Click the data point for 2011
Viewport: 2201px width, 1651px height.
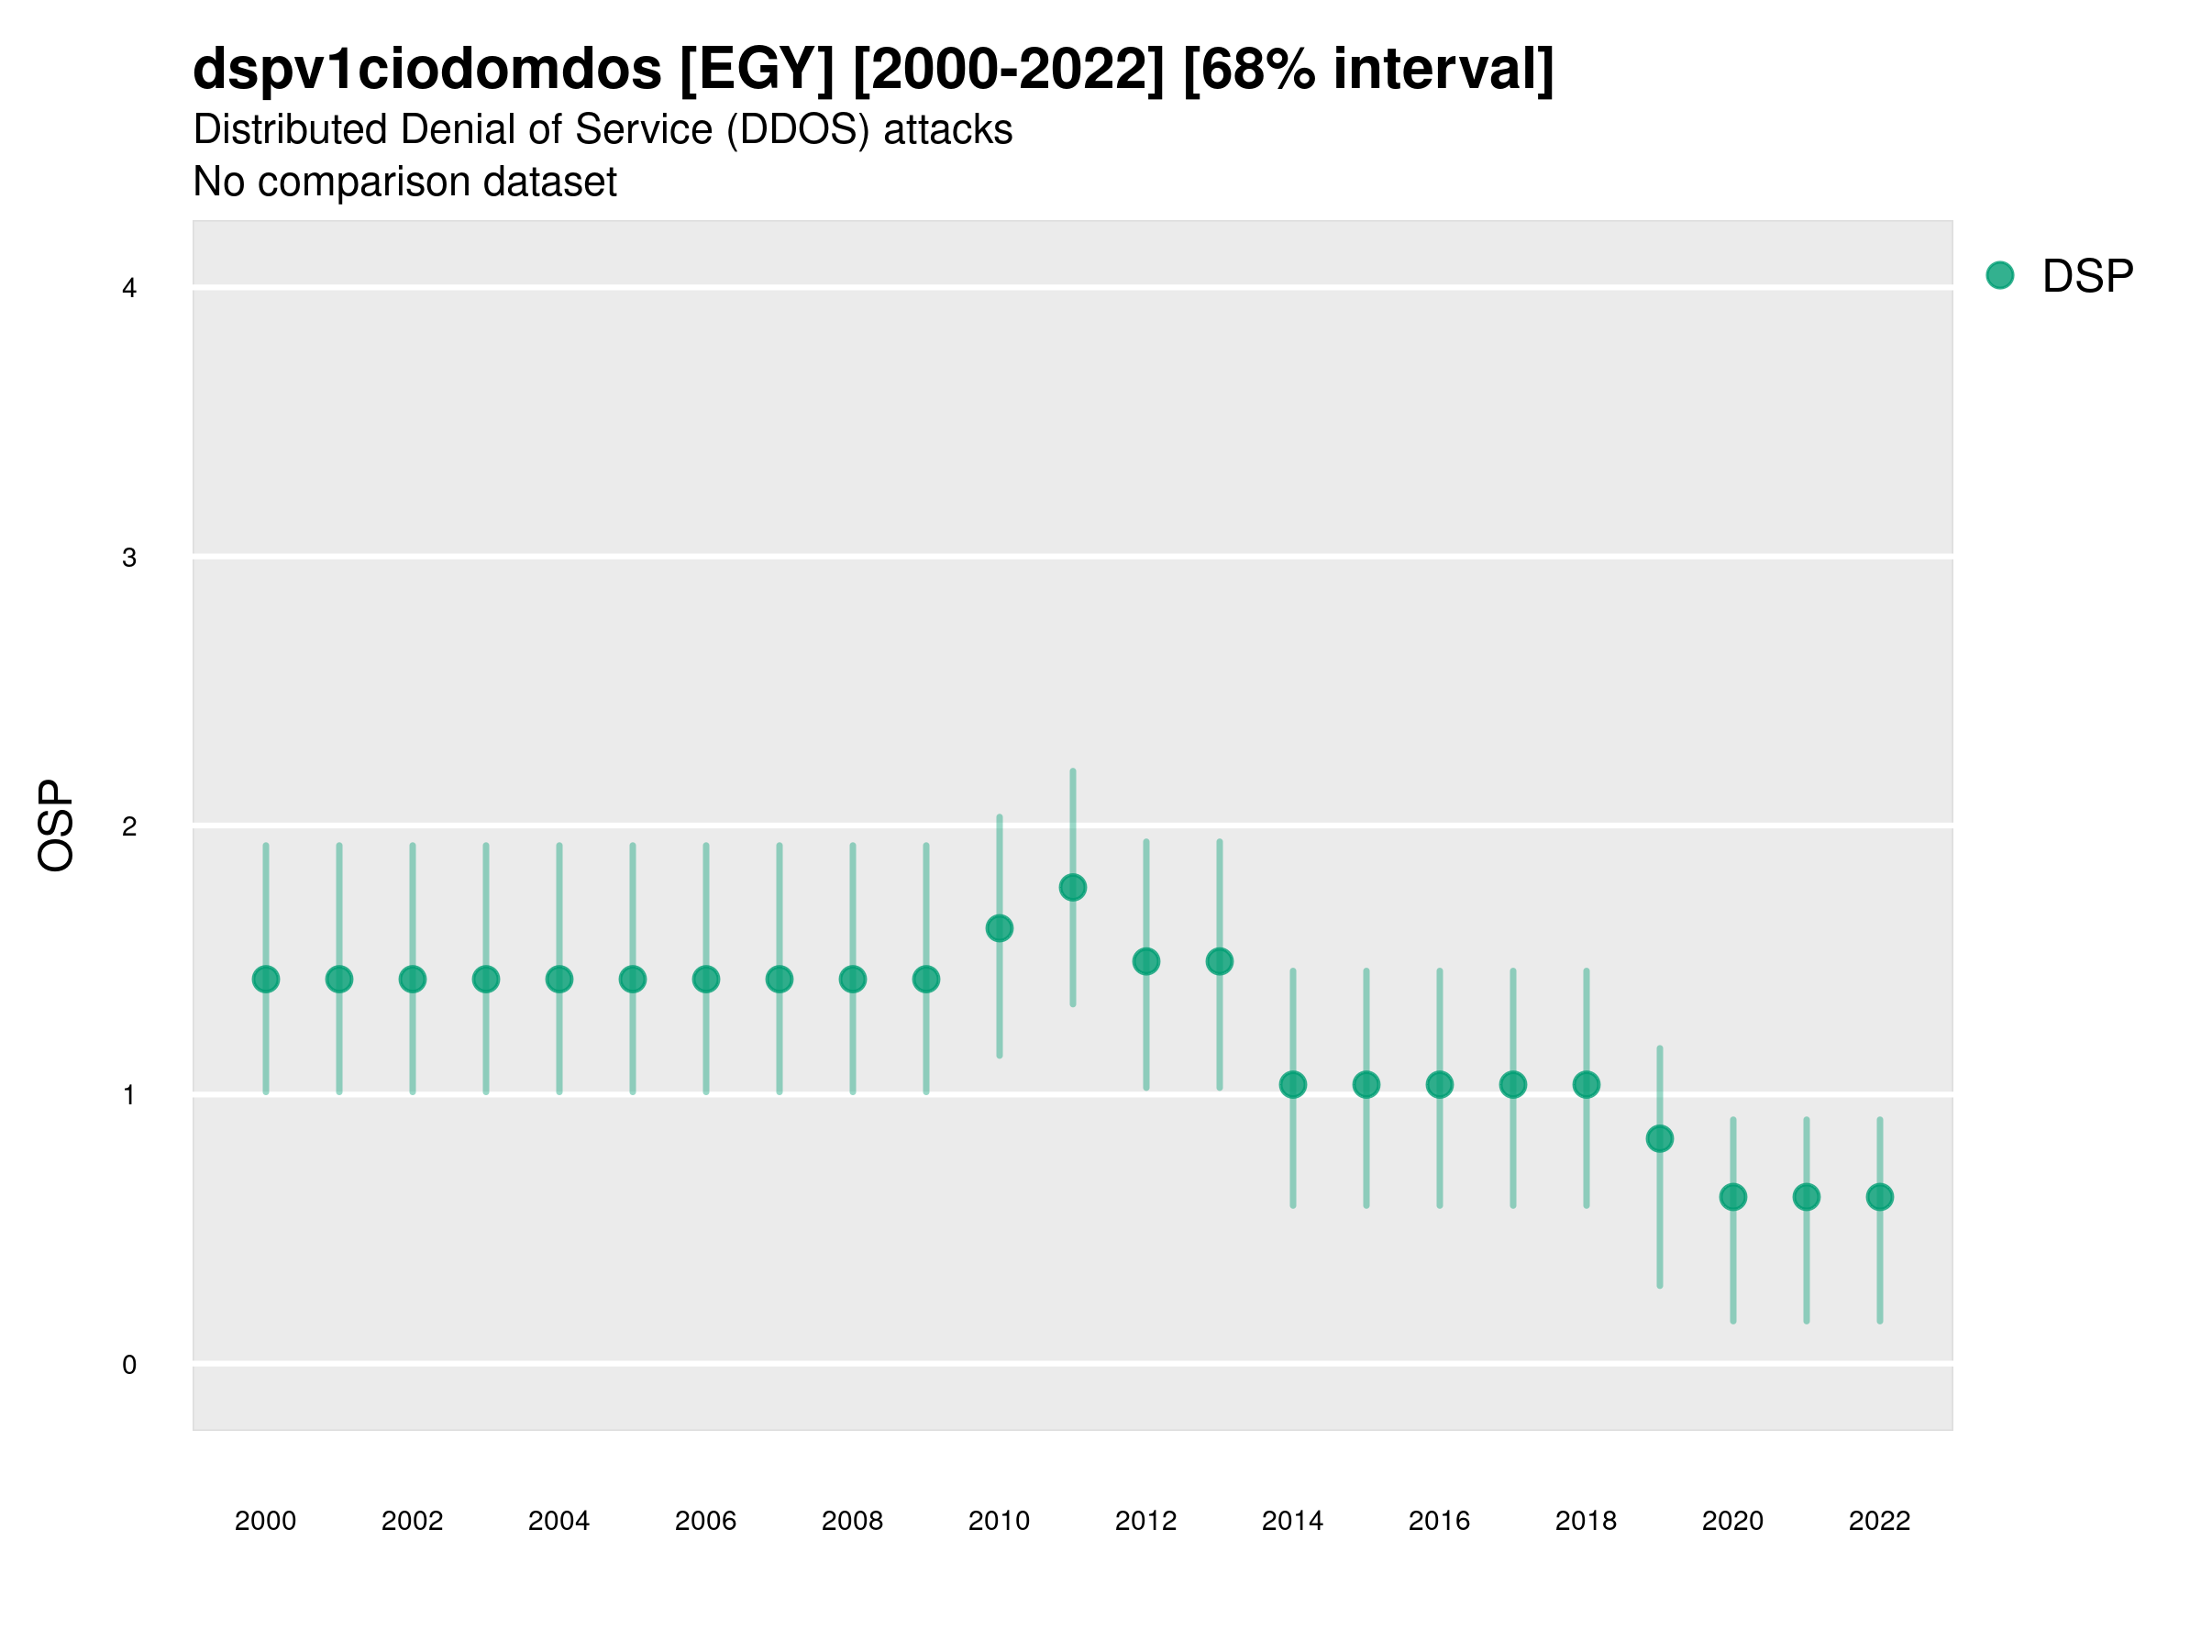click(1073, 888)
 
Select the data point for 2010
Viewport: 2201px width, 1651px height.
click(999, 928)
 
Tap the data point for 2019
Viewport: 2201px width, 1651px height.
click(1660, 1138)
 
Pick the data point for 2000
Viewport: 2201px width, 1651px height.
click(266, 980)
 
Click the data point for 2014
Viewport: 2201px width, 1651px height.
click(1292, 1085)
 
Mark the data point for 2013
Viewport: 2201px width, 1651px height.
click(1219, 961)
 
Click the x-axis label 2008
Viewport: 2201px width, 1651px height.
click(852, 1521)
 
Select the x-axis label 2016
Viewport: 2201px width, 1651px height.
click(1439, 1521)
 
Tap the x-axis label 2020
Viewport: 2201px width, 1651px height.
click(1732, 1521)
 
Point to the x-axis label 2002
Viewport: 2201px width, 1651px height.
click(412, 1521)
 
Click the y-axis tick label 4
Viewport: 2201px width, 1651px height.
click(129, 289)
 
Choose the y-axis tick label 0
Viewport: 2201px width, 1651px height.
click(129, 1365)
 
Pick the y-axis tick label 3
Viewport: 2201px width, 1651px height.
click(129, 558)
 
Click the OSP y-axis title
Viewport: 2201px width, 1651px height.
click(56, 826)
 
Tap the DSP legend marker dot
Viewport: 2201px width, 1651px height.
click(2000, 276)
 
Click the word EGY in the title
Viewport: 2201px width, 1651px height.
click(757, 70)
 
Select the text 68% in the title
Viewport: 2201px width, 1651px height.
click(1256, 70)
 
